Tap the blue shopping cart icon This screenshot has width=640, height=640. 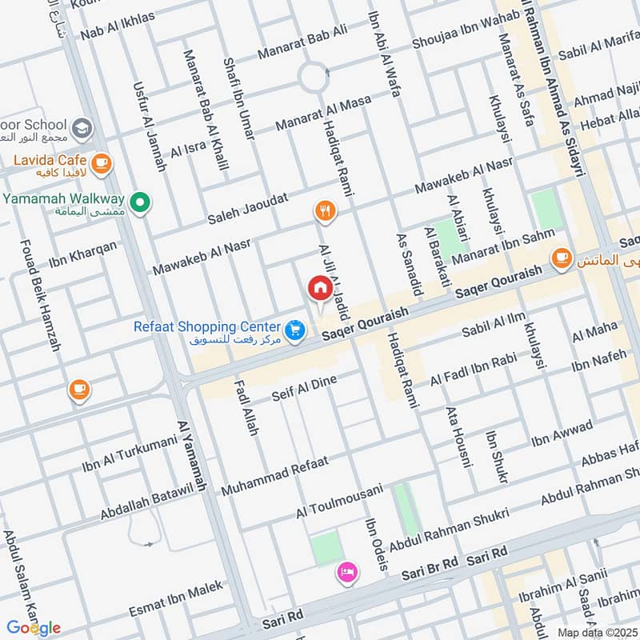[x=295, y=329]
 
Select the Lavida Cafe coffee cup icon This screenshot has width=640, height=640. [x=101, y=164]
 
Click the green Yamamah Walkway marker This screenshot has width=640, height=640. [x=141, y=202]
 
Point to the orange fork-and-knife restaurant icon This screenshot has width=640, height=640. [x=324, y=211]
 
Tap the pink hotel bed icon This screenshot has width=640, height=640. [x=348, y=571]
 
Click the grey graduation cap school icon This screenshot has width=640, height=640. [x=82, y=127]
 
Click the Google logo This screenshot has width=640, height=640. [x=34, y=626]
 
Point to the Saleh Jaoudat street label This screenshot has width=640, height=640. [x=247, y=210]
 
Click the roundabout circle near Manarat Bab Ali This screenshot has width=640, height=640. [x=314, y=78]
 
